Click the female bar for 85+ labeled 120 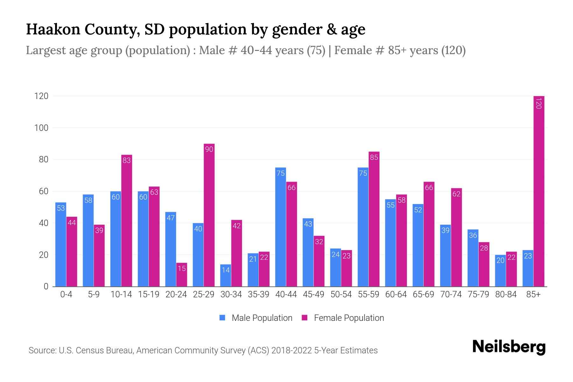pos(539,191)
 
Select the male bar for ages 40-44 pos(280,227)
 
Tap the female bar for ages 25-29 pos(209,215)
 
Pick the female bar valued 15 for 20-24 pos(181,274)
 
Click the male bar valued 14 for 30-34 pos(225,275)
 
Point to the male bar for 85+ pos(528,268)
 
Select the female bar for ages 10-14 pos(126,221)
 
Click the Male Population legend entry pos(256,318)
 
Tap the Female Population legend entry pos(343,318)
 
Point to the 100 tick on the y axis pos(41,128)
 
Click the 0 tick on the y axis pos(46,286)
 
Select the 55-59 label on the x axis pos(368,294)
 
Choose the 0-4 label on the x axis pos(66,294)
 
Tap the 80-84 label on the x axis pos(506,294)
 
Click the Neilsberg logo pos(509,347)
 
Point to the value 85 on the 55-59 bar pos(374,157)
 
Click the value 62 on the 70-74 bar pos(456,194)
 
